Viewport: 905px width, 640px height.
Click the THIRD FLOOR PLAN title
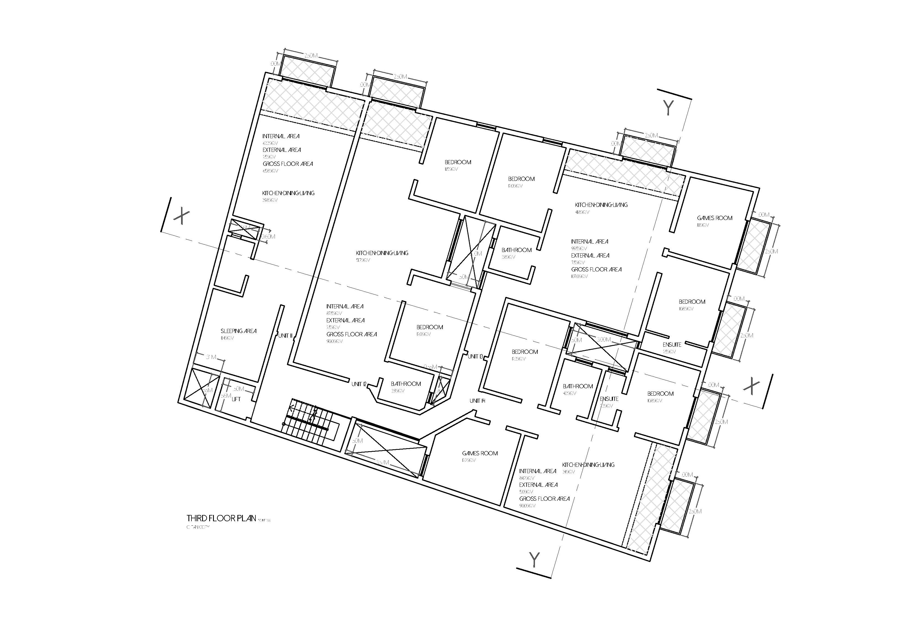[x=221, y=518]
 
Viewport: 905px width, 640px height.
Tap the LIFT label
[x=236, y=399]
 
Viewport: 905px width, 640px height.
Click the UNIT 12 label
[x=359, y=384]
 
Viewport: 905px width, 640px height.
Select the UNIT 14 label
[x=477, y=401]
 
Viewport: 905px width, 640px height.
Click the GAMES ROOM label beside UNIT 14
[x=480, y=453]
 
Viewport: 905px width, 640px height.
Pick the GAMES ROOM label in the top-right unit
[x=714, y=218]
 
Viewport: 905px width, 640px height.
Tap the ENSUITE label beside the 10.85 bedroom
[x=672, y=345]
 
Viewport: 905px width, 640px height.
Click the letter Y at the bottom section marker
[x=534, y=560]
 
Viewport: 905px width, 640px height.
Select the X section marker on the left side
[x=182, y=216]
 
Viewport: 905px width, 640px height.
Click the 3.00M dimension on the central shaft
[x=603, y=340]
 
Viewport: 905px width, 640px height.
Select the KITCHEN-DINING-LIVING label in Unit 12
[x=382, y=253]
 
